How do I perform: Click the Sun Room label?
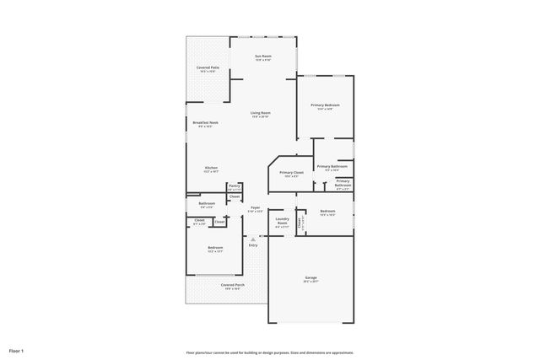pos(263,57)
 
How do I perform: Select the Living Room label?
pos(260,114)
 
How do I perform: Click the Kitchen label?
pos(211,169)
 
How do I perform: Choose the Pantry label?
pos(234,187)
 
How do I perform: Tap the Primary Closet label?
pos(292,174)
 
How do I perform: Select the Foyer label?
pos(255,207)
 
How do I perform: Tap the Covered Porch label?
pos(233,286)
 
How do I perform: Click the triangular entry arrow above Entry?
pos(252,239)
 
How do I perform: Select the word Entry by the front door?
pos(252,245)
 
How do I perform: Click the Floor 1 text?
pos(17,350)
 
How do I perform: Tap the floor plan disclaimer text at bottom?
pos(270,352)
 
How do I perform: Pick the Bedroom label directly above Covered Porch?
pos(215,249)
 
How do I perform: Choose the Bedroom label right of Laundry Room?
pos(327,212)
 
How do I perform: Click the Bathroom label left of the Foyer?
pos(207,204)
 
